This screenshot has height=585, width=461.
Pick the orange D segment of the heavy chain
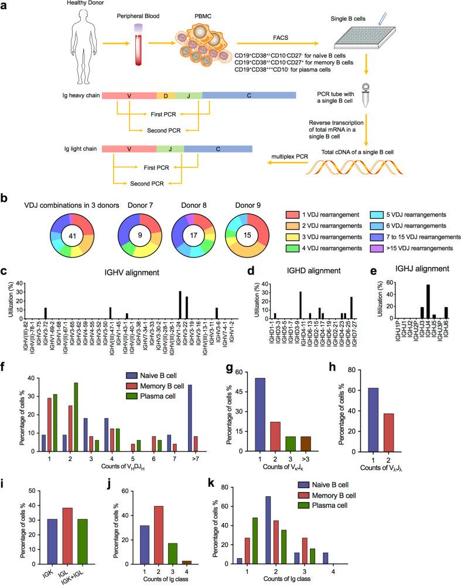tap(165, 95)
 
